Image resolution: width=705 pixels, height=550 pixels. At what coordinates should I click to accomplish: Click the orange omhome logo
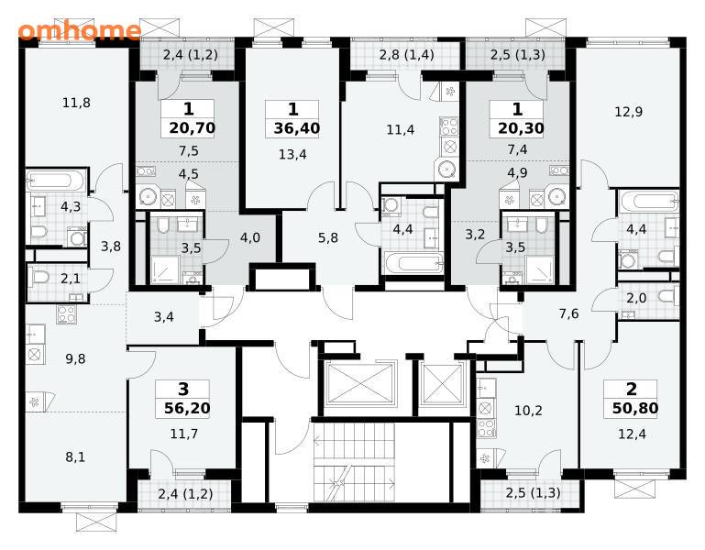point(79,30)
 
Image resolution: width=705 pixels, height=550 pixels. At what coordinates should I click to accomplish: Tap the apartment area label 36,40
point(297,128)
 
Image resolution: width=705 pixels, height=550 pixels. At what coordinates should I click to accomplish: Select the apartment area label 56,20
point(187,408)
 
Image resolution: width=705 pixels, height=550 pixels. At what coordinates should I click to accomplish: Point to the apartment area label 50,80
point(635,408)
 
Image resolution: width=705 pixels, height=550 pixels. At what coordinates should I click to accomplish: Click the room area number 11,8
point(76,103)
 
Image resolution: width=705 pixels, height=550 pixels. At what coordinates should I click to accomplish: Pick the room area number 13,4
point(292,155)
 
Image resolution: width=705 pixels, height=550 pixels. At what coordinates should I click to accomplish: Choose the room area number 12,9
point(629,112)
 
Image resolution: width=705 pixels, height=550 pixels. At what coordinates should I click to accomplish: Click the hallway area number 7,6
point(568,313)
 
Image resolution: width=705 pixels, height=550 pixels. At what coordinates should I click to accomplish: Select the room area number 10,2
point(528,411)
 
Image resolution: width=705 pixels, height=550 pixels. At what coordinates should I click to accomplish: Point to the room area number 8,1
point(75,457)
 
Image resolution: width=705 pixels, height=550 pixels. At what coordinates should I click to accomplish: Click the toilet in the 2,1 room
point(39,278)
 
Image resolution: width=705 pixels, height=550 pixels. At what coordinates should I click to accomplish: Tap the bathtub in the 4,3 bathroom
point(56,181)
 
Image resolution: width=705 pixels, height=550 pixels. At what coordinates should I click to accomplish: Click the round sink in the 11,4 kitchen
point(446,169)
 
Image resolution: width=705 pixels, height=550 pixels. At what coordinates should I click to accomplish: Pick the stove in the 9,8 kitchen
point(67,314)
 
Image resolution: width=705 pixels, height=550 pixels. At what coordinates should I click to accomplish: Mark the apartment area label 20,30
point(521,128)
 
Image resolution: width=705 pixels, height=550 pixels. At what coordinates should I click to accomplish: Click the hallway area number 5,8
point(328,237)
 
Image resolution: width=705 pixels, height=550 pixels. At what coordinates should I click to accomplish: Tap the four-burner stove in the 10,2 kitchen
point(486,428)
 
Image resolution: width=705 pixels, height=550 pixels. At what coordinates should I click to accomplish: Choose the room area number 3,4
point(164,317)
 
